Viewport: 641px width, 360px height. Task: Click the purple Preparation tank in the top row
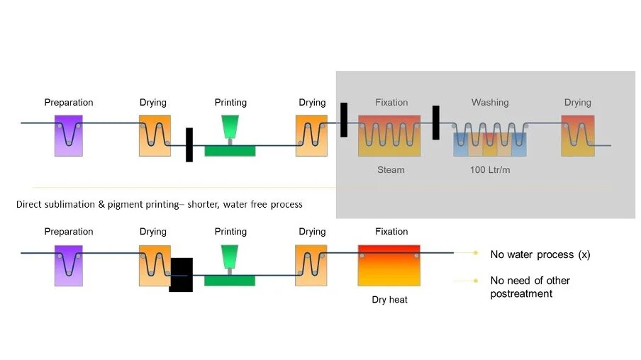point(69,135)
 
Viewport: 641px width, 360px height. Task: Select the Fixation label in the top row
point(391,102)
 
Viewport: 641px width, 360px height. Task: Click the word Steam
point(391,169)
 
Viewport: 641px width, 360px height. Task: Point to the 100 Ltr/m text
point(489,170)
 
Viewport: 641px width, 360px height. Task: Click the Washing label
point(490,102)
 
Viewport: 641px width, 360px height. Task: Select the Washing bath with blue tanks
point(490,140)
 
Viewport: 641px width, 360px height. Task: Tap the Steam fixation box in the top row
point(389,135)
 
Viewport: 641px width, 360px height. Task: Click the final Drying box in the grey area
point(576,135)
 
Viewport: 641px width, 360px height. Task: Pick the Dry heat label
point(389,299)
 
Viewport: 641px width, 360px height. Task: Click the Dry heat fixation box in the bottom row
point(389,265)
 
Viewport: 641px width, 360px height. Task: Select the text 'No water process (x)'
point(540,254)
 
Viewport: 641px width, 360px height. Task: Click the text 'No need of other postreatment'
point(530,287)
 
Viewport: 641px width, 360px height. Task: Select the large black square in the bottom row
point(181,274)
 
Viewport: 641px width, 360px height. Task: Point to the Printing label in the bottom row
point(230,232)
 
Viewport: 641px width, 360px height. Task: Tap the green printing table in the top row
point(230,150)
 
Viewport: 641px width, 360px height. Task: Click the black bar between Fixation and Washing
point(436,123)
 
